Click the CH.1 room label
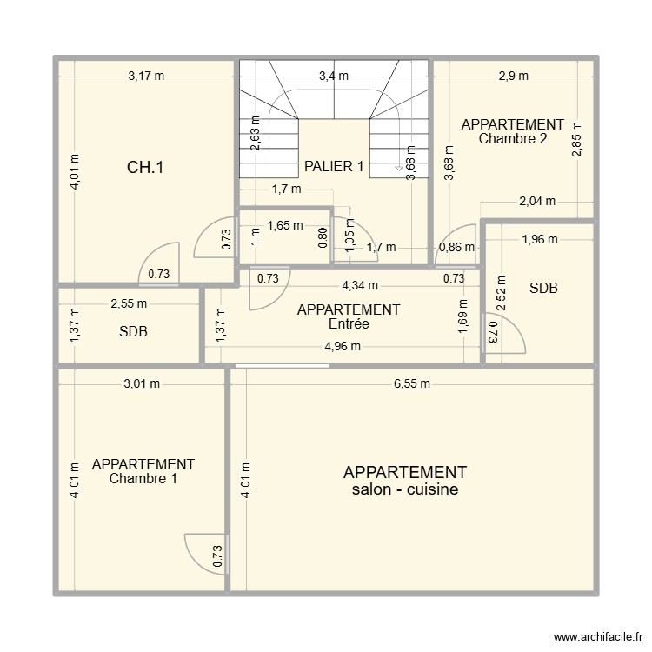(145, 168)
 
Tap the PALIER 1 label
(334, 166)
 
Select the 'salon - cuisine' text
(405, 489)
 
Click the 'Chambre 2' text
(513, 137)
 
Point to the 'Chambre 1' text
(143, 478)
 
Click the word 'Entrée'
(349, 323)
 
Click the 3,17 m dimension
(145, 76)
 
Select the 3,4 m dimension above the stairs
(334, 76)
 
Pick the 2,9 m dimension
(513, 76)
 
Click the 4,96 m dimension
(343, 347)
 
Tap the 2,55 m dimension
(129, 304)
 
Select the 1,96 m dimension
(539, 240)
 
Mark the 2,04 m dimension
(536, 202)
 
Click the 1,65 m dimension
(285, 226)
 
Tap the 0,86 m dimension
(457, 248)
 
